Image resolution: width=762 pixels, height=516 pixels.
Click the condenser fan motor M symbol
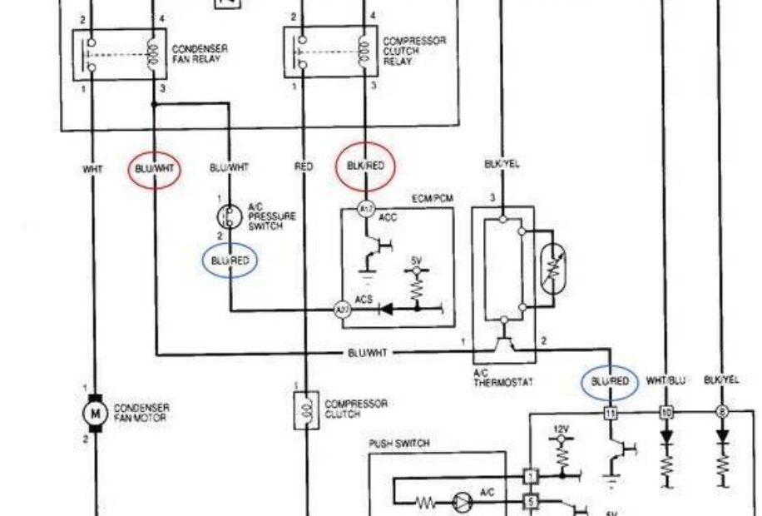(x=94, y=412)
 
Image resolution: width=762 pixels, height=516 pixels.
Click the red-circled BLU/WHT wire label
(x=155, y=169)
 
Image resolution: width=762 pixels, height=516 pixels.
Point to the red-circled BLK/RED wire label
(x=365, y=166)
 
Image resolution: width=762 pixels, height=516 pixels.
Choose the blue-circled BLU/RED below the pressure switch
(x=230, y=261)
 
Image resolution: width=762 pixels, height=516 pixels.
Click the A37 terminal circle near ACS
(x=341, y=310)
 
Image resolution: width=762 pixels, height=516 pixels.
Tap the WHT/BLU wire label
(x=666, y=380)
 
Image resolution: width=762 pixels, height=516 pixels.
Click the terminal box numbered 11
(x=610, y=412)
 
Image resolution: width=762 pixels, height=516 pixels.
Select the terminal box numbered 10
(x=666, y=412)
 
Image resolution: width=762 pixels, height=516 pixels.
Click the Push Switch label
(x=399, y=444)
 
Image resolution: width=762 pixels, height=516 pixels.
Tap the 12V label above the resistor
(x=561, y=429)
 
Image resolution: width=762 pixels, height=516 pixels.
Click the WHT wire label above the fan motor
(x=93, y=169)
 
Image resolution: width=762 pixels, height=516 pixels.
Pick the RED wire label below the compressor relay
(x=304, y=167)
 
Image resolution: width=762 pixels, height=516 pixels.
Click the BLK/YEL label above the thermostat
(x=502, y=165)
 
